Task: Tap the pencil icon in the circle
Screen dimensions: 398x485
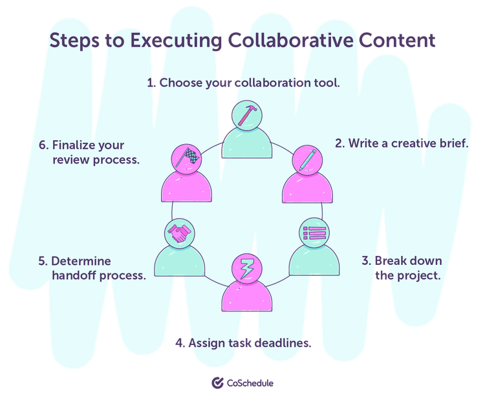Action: (307, 159)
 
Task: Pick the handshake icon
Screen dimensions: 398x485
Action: (179, 233)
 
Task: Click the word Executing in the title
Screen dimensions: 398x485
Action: (175, 41)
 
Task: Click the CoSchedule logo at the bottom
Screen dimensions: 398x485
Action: (242, 382)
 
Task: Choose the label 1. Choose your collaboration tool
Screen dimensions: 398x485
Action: (243, 83)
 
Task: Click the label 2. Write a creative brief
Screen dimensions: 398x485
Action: (401, 143)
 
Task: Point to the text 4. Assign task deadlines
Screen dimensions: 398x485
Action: (243, 343)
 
